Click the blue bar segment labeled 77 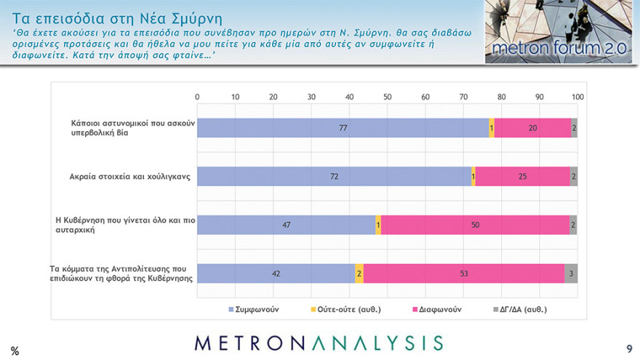(343, 127)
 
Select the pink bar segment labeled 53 (463, 273)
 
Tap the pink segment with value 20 (532, 127)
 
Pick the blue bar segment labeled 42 (276, 273)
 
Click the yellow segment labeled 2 (359, 273)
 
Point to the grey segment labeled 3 (571, 273)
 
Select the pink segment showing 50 (475, 225)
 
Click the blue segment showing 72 (334, 176)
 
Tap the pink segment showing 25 (522, 176)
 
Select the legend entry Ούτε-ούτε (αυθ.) (346, 309)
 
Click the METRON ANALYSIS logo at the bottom (319, 343)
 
